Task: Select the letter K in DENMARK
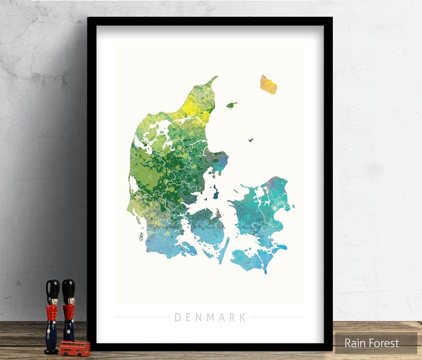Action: (x=243, y=318)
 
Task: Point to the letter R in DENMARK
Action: (x=232, y=318)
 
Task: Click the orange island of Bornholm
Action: (x=268, y=84)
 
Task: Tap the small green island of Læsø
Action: (x=231, y=105)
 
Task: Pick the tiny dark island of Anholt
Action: (x=250, y=140)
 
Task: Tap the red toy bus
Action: (x=74, y=348)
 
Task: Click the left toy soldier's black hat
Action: (x=52, y=290)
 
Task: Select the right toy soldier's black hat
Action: (x=69, y=289)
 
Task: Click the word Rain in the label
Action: (x=356, y=343)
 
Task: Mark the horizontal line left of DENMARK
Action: (x=142, y=318)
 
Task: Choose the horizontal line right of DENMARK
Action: (x=277, y=318)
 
